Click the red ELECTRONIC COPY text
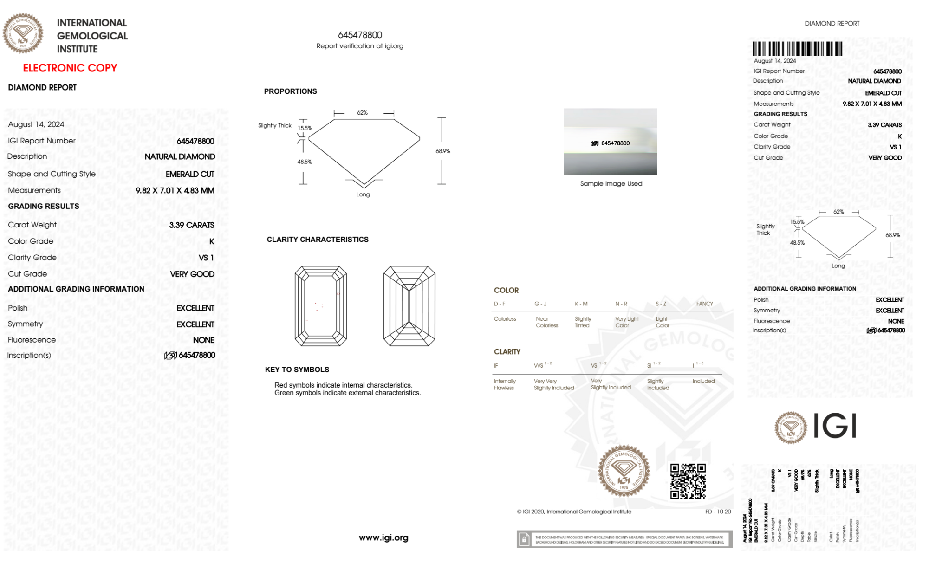[70, 68]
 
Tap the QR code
[688, 481]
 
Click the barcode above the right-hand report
[797, 49]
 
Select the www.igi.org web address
[383, 538]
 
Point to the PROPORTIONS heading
[290, 91]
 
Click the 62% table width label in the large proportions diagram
[362, 113]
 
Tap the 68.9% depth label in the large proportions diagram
[443, 151]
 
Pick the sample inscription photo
[611, 142]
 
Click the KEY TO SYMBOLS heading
[297, 370]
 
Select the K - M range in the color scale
[581, 304]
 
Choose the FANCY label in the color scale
[704, 304]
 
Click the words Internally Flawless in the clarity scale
[505, 384]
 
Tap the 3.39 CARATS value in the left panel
[192, 225]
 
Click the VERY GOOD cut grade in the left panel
[192, 274]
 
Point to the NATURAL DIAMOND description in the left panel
[180, 157]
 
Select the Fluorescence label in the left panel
[32, 340]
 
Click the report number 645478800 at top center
[360, 35]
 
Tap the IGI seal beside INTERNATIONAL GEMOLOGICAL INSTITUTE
[23, 33]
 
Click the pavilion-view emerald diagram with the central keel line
[409, 306]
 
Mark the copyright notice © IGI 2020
[574, 512]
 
